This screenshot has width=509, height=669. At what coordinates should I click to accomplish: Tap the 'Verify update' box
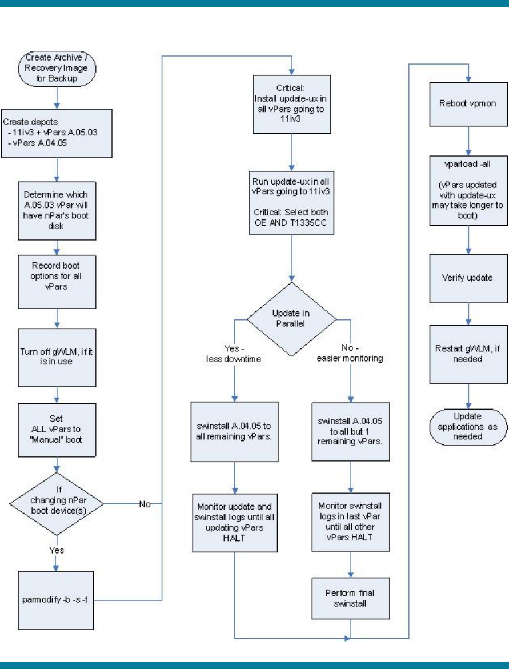click(x=468, y=278)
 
